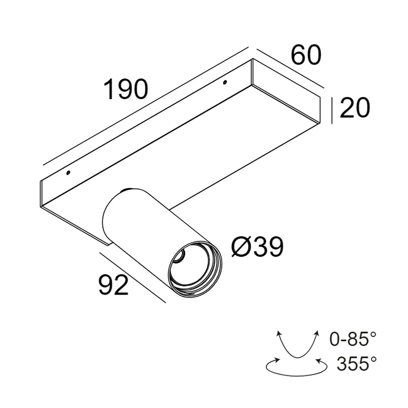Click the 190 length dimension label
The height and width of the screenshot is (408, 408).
[126, 89]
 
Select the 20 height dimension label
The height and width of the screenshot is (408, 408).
[355, 108]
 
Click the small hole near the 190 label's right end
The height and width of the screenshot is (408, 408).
[225, 82]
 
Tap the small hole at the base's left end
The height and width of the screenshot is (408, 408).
[68, 173]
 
